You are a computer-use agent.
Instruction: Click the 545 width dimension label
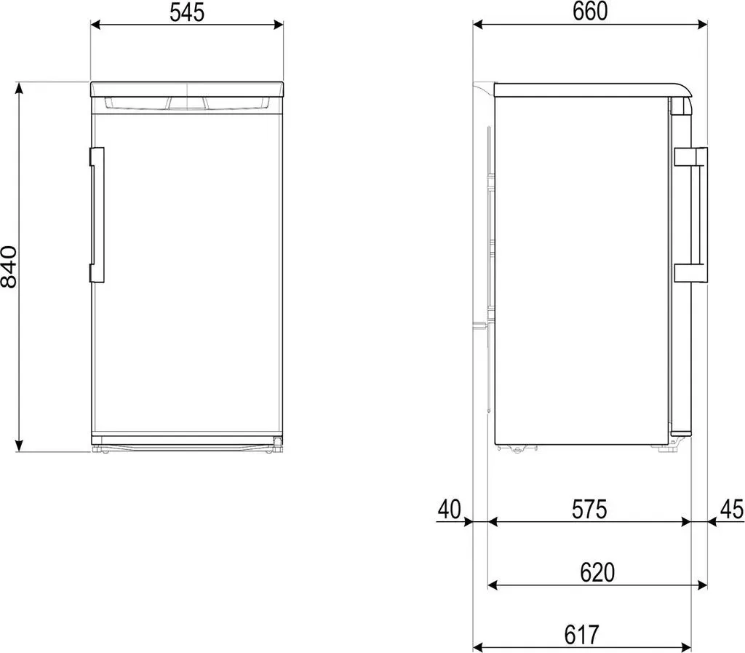point(187,12)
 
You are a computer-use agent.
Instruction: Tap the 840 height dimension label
point(9,266)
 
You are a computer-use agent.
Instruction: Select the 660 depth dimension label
point(589,12)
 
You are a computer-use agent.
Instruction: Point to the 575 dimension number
point(589,509)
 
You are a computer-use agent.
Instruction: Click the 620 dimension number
point(597,573)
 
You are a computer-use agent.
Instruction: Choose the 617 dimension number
point(581,635)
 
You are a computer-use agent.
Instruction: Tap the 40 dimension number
point(450,509)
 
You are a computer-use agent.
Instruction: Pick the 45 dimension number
point(732,509)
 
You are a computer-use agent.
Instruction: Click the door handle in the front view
point(97,215)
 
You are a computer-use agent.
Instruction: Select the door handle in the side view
point(691,215)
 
